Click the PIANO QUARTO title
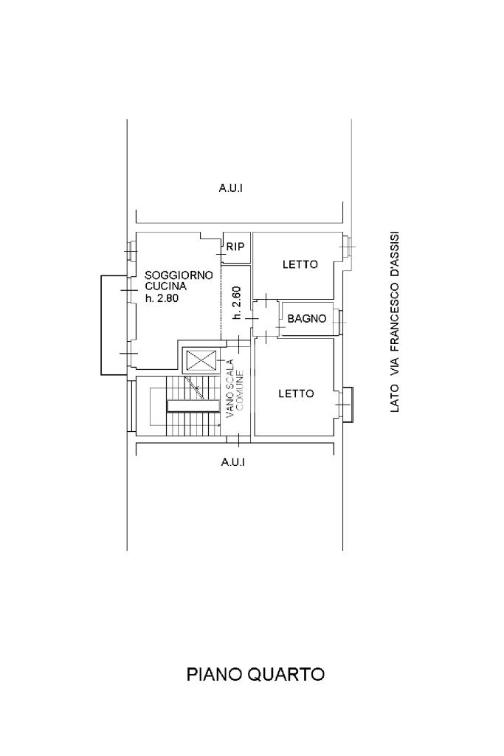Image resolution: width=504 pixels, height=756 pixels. (x=255, y=673)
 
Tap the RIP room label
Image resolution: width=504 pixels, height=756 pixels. (x=235, y=247)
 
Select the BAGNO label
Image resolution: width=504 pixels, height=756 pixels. (x=307, y=318)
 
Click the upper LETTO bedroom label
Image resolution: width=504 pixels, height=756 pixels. (x=300, y=264)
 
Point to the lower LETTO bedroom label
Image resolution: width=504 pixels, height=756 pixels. (x=296, y=394)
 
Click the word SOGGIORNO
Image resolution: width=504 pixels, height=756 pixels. (x=179, y=275)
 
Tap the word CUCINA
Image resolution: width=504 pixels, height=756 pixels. (x=166, y=286)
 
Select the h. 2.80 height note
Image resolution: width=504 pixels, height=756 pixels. (x=162, y=298)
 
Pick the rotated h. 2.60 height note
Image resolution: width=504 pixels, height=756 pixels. (x=236, y=303)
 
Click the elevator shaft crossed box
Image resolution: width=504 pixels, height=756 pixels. (x=199, y=360)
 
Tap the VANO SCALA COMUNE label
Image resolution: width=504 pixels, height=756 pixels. (x=235, y=388)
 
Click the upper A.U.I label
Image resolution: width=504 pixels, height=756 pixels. (x=231, y=188)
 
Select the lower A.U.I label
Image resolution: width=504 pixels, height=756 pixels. (x=233, y=462)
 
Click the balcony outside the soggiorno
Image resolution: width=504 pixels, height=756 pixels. (x=114, y=325)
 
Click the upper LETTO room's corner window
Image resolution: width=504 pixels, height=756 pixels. (x=346, y=247)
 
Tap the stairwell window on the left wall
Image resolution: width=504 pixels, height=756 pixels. (x=130, y=405)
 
